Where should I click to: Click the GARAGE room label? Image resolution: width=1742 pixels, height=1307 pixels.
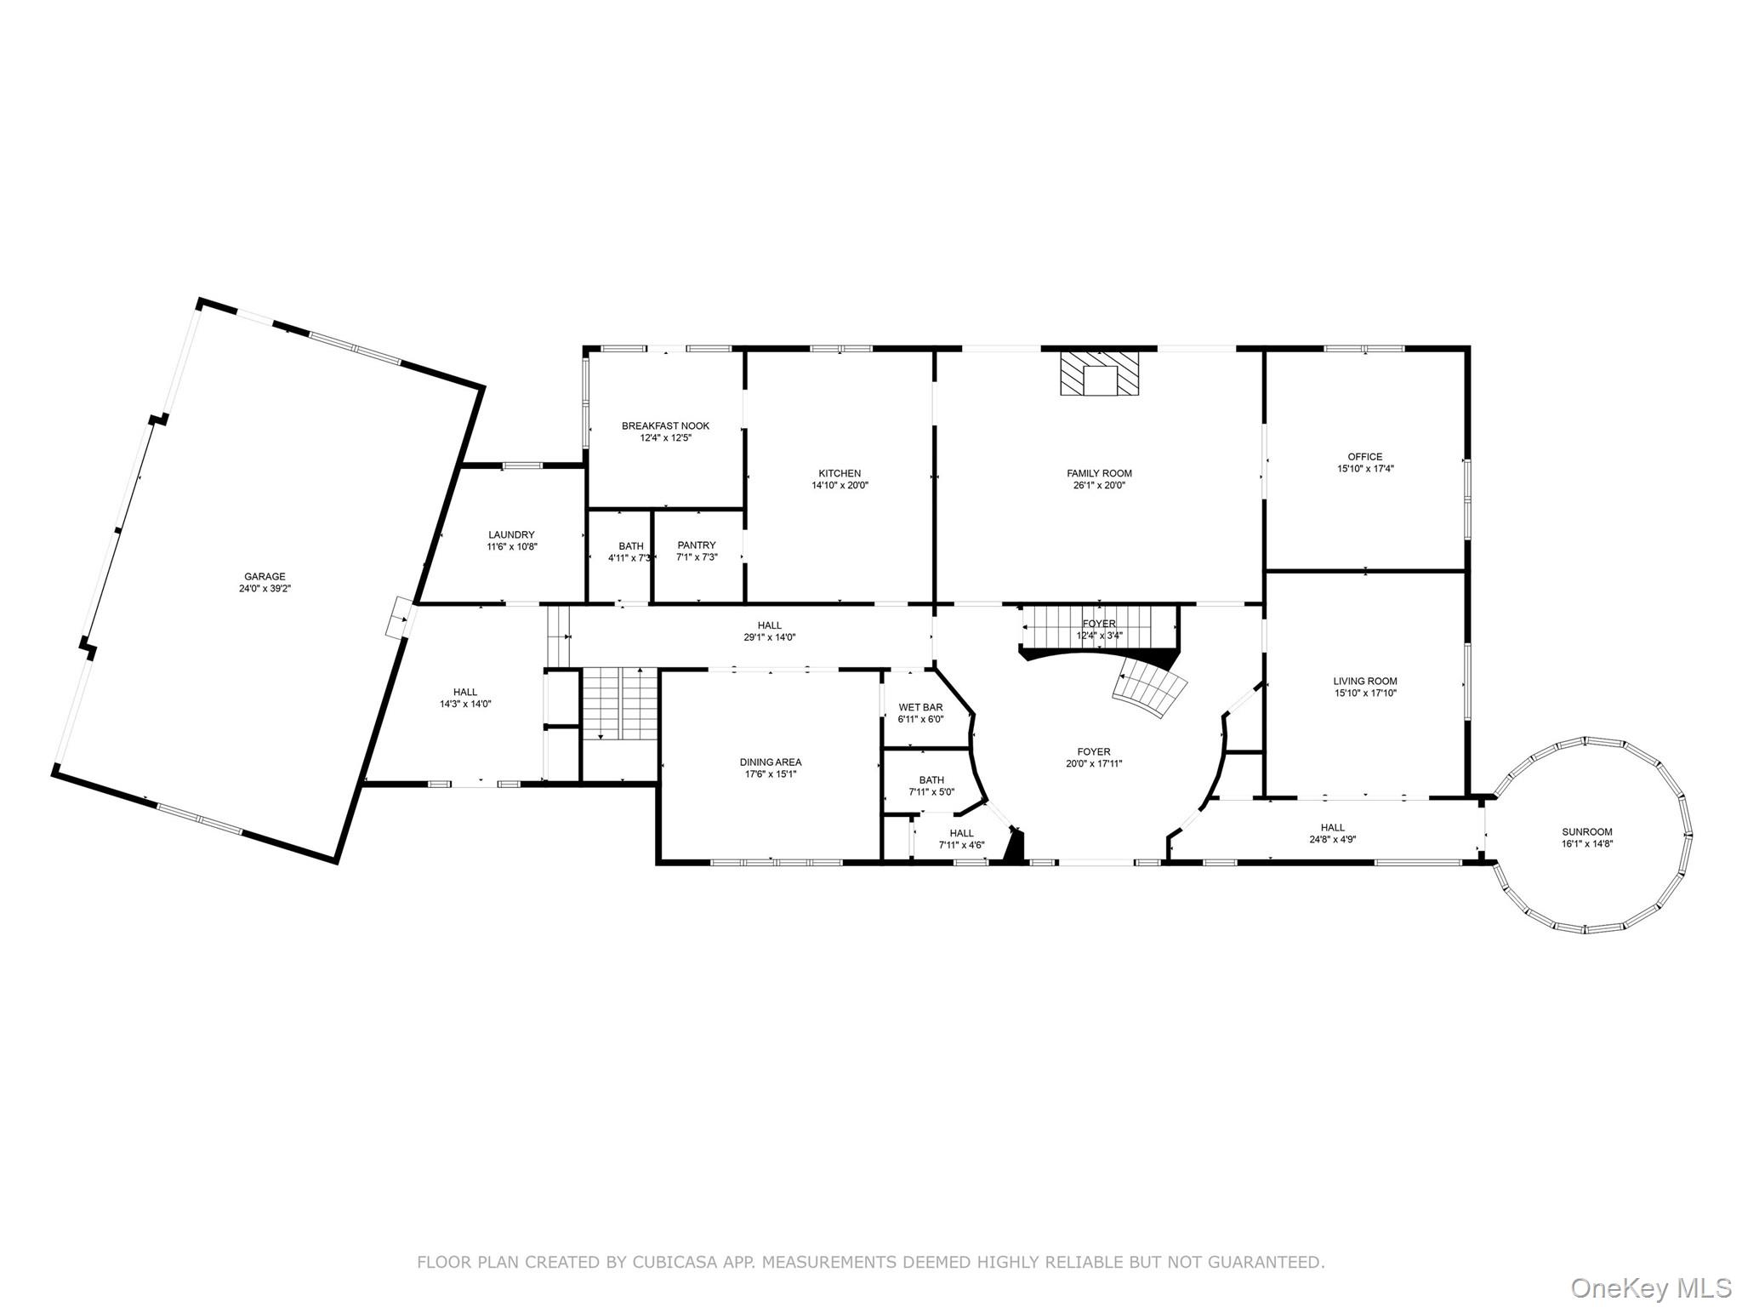(x=265, y=576)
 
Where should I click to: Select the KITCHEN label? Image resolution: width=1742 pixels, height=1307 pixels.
(x=840, y=473)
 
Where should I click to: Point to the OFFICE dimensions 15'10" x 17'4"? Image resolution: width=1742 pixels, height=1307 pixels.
(x=1365, y=469)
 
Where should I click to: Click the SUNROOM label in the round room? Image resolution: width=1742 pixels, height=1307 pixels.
(x=1586, y=832)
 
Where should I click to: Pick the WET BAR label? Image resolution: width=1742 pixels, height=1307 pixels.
(x=920, y=707)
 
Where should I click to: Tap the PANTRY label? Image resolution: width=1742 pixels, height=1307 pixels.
(x=697, y=545)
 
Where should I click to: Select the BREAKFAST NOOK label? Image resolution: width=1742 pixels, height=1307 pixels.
(x=665, y=425)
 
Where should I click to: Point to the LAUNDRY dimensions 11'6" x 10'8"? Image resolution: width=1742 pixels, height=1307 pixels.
(x=511, y=547)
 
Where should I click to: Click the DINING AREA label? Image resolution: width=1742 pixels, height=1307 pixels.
(x=770, y=762)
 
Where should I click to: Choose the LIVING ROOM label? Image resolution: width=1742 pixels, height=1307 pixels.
(x=1364, y=681)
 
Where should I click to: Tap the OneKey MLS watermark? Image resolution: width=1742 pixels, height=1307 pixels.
(x=1650, y=1287)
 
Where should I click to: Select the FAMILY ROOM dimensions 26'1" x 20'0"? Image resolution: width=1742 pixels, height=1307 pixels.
(x=1099, y=486)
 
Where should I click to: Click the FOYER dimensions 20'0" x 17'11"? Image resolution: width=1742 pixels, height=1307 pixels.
(x=1093, y=764)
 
